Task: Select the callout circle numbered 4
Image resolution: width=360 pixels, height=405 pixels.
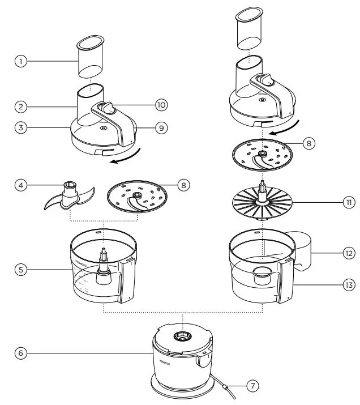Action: coord(21,185)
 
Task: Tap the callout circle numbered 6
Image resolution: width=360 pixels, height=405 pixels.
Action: coord(21,353)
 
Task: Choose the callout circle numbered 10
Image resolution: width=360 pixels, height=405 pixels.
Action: coord(161,105)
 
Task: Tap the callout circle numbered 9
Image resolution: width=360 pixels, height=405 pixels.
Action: coord(161,128)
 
